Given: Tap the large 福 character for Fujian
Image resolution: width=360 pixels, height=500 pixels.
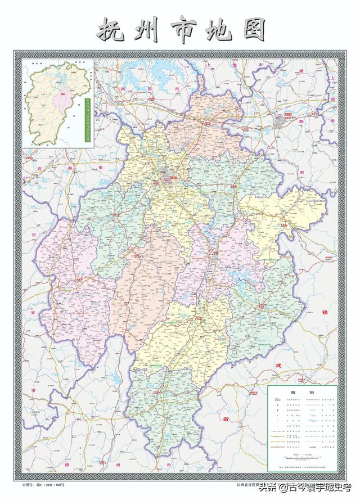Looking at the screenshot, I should [x=324, y=312].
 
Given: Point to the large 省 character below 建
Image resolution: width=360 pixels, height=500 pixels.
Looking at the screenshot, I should [x=226, y=420].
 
